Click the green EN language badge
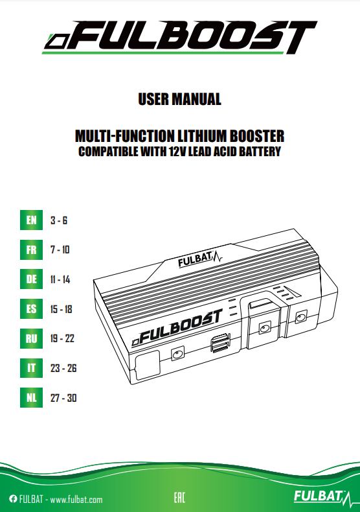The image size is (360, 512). tap(31, 220)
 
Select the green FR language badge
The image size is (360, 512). tap(31, 250)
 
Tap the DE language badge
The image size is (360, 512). tap(31, 279)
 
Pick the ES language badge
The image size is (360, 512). tap(31, 309)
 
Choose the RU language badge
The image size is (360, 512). tap(31, 338)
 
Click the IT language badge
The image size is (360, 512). tap(31, 368)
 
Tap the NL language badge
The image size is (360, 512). tap(31, 398)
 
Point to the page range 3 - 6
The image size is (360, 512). tap(59, 220)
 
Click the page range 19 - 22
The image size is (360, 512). tap(62, 338)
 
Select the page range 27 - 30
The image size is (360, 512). tap(63, 398)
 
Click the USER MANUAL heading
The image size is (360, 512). tap(179, 99)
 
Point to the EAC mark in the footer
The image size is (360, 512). tap(179, 498)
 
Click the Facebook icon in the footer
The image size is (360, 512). tap(13, 499)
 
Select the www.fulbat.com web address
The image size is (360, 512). tap(76, 499)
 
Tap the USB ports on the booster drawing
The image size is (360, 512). tap(220, 343)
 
